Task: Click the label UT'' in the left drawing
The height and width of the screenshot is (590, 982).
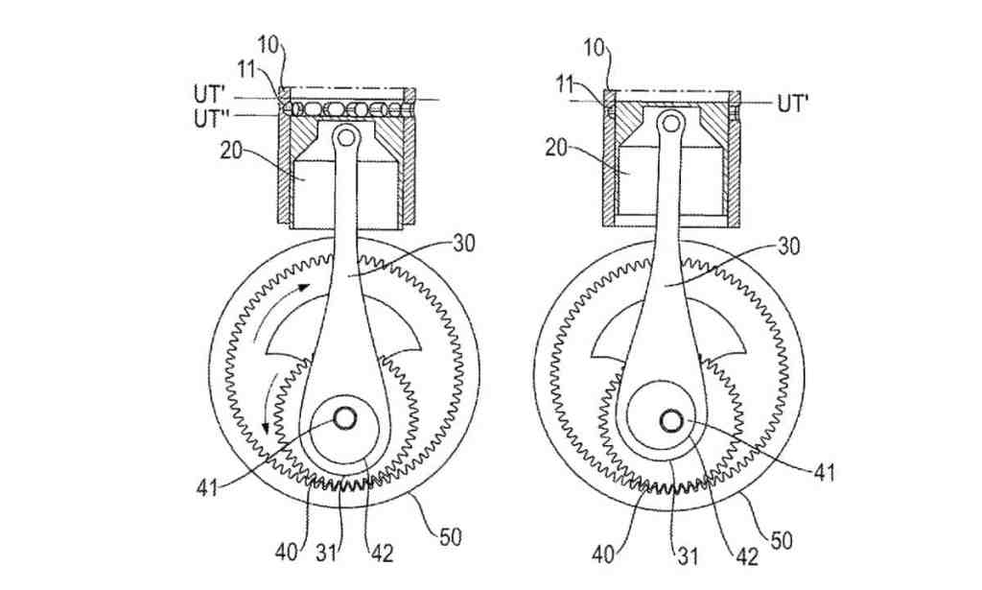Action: click(x=210, y=117)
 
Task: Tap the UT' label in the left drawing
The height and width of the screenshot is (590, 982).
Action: click(x=210, y=94)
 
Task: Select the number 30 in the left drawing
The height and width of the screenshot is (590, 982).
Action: click(x=463, y=243)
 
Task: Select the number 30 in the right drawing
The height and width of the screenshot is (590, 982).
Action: click(x=788, y=247)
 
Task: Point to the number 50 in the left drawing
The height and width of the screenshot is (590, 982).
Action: click(x=451, y=537)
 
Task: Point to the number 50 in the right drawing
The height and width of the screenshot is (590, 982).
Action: click(x=781, y=540)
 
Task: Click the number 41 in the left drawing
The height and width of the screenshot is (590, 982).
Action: click(x=207, y=486)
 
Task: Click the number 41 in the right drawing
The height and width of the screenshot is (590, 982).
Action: click(x=824, y=472)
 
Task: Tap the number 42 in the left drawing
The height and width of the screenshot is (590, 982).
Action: click(x=382, y=554)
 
